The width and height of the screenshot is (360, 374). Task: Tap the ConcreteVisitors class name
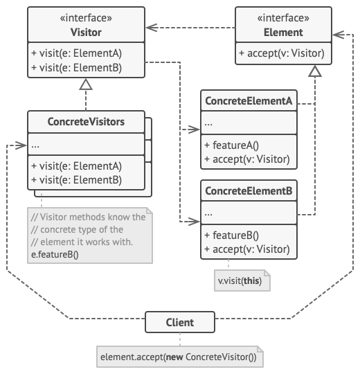tap(86, 122)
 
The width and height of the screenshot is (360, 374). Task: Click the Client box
tap(180, 322)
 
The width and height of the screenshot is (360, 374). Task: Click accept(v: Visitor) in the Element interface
tap(280, 54)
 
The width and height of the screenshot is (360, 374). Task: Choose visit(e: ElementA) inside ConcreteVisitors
tap(76, 166)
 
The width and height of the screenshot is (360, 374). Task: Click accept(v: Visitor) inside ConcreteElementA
tap(246, 159)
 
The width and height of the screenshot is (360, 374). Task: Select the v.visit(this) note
tap(242, 281)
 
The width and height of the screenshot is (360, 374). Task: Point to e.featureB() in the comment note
tap(55, 254)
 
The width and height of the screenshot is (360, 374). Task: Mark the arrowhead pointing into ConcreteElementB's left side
tap(196, 222)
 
